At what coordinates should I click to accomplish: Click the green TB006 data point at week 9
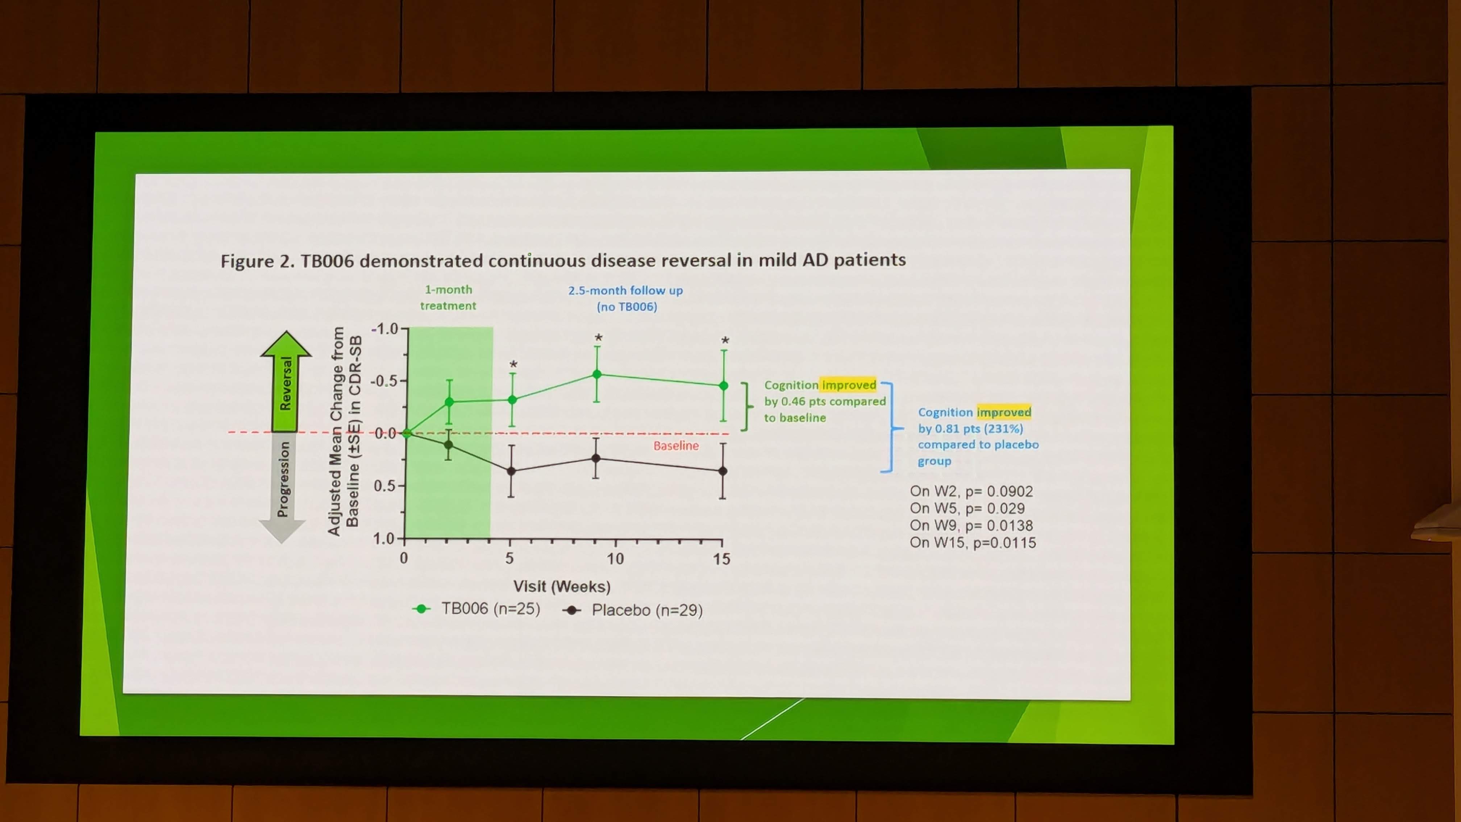tap(597, 374)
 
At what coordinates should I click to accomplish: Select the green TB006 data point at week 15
tap(723, 386)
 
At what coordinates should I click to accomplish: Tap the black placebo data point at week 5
tap(511, 471)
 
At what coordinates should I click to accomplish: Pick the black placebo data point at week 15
tap(723, 471)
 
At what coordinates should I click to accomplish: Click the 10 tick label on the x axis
tap(615, 559)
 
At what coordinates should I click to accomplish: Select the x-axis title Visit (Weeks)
tap(562, 586)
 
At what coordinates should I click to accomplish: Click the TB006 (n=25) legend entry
tap(476, 609)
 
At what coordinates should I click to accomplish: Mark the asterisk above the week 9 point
tap(598, 339)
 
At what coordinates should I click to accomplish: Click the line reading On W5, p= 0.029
tap(967, 508)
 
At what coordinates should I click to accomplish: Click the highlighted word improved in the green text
tap(849, 385)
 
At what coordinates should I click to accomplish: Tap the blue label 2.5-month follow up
tap(625, 290)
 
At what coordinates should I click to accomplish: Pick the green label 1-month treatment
tap(448, 297)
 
